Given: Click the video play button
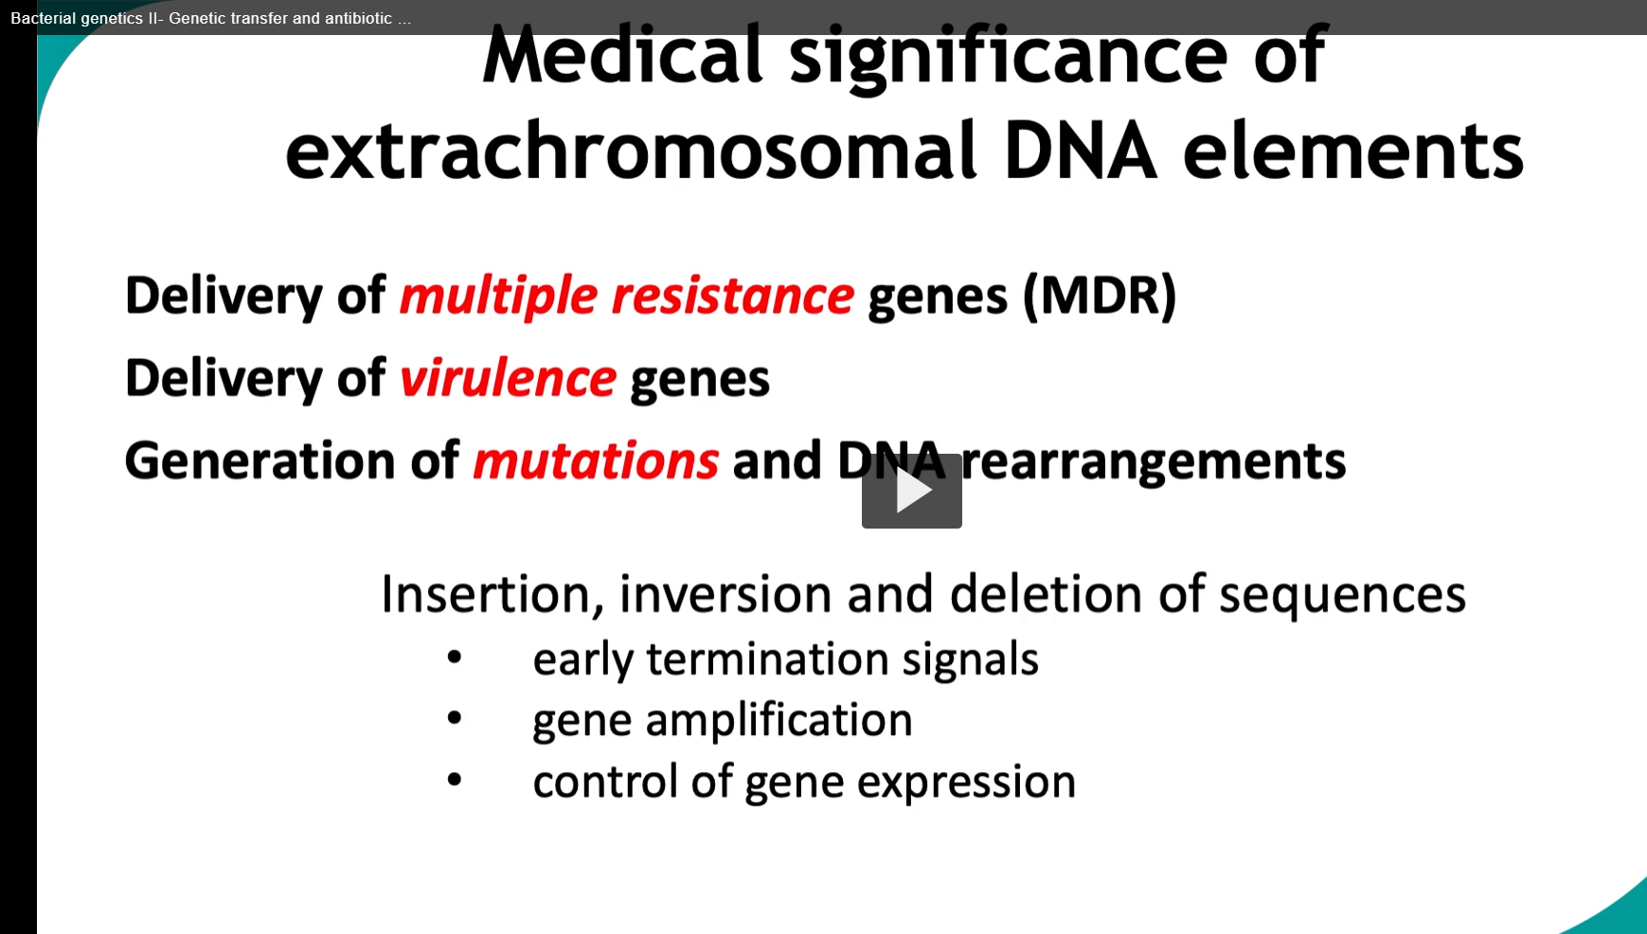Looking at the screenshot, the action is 911,491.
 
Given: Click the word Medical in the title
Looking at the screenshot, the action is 622,55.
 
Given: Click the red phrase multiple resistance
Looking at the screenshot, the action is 626,296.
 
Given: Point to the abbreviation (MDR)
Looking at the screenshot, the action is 1100,296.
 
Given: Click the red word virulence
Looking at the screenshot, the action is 508,378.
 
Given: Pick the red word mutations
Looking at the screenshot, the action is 596,461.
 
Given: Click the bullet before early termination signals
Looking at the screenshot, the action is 455,656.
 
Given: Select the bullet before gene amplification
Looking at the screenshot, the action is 455,718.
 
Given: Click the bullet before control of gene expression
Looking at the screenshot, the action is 455,780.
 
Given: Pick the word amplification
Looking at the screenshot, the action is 779,721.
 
